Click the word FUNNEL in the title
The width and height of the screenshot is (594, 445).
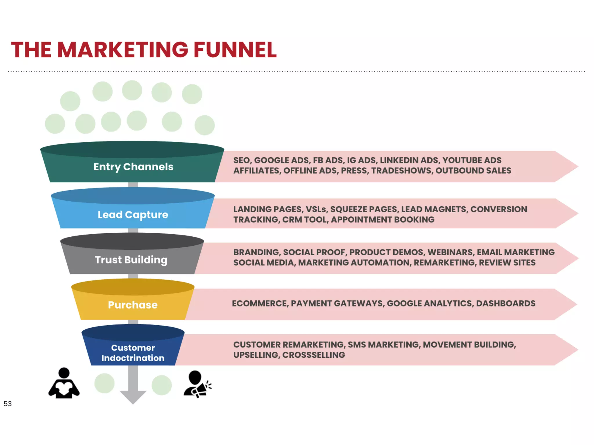pyautogui.click(x=235, y=50)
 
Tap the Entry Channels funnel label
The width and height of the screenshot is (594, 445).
pyautogui.click(x=133, y=167)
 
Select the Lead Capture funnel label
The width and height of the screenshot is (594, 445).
pyautogui.click(x=133, y=215)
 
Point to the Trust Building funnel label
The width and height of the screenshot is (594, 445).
pyautogui.click(x=131, y=260)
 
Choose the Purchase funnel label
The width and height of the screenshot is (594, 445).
pyautogui.click(x=133, y=305)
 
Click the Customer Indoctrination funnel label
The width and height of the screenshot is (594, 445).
pyautogui.click(x=133, y=353)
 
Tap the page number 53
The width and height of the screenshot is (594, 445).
pyautogui.click(x=8, y=404)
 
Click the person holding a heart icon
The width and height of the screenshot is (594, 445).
pyautogui.click(x=64, y=384)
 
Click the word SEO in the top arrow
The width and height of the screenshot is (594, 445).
pyautogui.click(x=242, y=160)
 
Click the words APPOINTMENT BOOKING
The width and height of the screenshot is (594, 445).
pyautogui.click(x=383, y=220)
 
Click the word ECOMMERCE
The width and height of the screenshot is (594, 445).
pyautogui.click(x=260, y=303)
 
